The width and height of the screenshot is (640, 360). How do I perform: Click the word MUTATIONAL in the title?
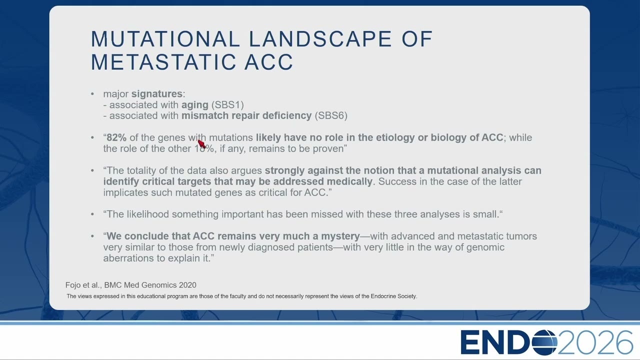coord(165,39)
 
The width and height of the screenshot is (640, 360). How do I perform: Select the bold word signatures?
coord(157,93)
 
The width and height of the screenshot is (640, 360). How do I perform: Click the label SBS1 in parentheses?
coord(227,104)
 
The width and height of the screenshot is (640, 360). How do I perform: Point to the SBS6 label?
coord(331,115)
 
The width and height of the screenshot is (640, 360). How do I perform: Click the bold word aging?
coord(195,105)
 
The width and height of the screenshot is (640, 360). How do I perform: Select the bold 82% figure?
coord(116,137)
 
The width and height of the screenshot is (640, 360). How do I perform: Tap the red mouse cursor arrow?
coord(201,143)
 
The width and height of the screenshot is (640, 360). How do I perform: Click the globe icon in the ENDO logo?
coord(544,342)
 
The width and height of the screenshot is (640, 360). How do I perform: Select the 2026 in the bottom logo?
coord(595,342)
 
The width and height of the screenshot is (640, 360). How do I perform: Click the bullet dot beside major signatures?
coord(92,93)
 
